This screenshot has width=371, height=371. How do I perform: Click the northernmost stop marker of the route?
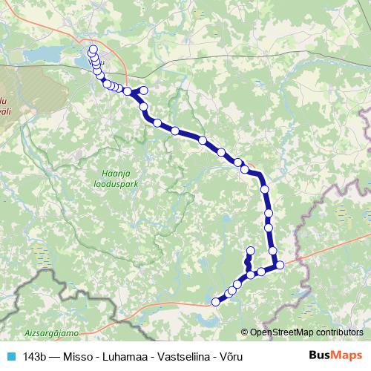(93, 50)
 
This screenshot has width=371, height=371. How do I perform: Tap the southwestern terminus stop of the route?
(216, 301)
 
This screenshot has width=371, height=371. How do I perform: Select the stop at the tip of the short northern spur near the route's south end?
(250, 251)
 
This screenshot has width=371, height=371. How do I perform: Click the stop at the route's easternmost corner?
(280, 265)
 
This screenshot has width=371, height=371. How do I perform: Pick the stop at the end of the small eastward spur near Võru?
(144, 91)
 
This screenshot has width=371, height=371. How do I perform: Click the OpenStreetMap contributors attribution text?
(302, 332)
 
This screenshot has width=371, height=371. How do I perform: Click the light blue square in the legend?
(10, 356)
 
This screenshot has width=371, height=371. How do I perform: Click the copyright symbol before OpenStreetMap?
(245, 332)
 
